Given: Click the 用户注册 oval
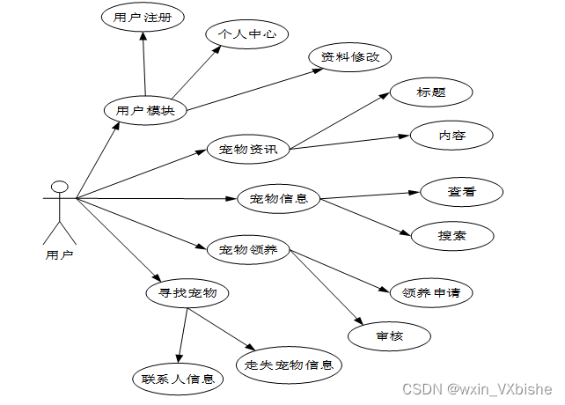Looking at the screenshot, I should pyautogui.click(x=143, y=18).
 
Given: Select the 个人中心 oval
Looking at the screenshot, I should pyautogui.click(x=247, y=34).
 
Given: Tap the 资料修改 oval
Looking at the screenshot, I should pyautogui.click(x=350, y=56).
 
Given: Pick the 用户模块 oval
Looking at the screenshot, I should pyautogui.click(x=145, y=111).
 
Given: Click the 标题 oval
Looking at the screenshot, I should pyautogui.click(x=431, y=92).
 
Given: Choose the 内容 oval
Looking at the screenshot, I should pyautogui.click(x=451, y=136).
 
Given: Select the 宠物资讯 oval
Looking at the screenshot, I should pyautogui.click(x=249, y=149).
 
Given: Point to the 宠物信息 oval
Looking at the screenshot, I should pyautogui.click(x=278, y=198).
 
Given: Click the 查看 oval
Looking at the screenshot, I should pyautogui.click(x=461, y=191).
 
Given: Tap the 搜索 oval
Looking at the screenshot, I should pyautogui.click(x=452, y=235).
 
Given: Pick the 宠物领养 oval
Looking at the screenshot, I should pyautogui.click(x=249, y=250).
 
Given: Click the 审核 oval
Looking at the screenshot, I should pyautogui.click(x=389, y=335).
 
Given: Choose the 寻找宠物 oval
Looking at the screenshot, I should pyautogui.click(x=187, y=292).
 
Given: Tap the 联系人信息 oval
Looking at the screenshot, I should pyautogui.click(x=178, y=379).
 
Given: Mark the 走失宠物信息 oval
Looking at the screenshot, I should pyautogui.click(x=289, y=364).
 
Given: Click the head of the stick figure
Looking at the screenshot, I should pyautogui.click(x=59, y=187).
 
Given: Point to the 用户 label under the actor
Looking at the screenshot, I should pyautogui.click(x=59, y=255).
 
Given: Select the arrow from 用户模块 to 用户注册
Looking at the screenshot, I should pyautogui.click(x=143, y=66).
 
